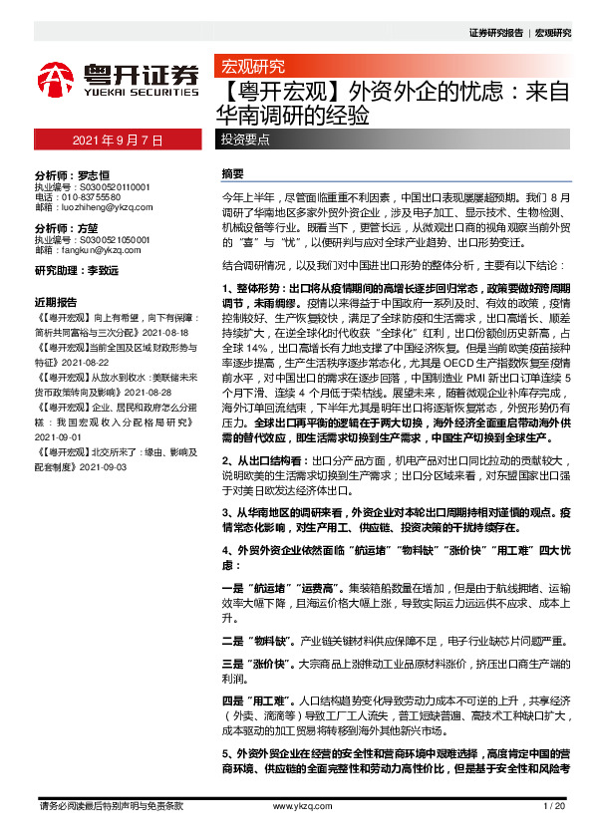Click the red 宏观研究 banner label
click(x=249, y=68)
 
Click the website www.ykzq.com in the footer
click(x=296, y=805)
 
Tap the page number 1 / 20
click(x=555, y=805)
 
